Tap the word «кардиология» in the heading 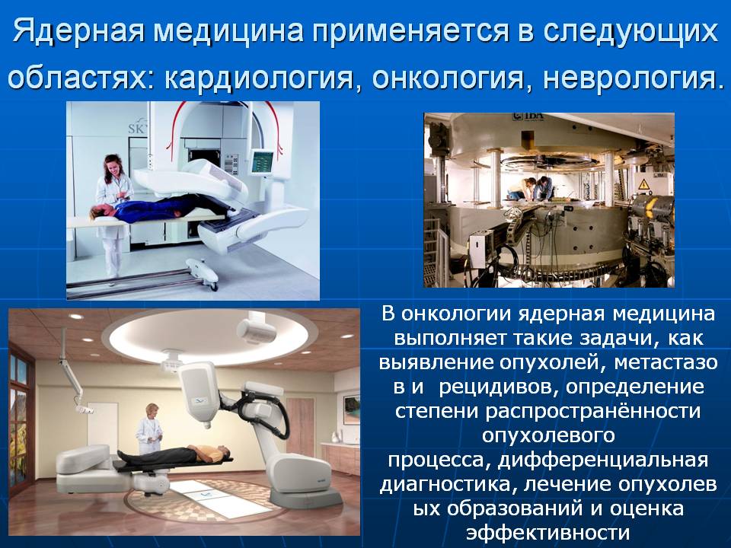click(x=259, y=77)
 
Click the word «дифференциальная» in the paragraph click(x=603, y=460)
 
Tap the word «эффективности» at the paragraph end click(x=548, y=532)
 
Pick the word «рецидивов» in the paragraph click(x=496, y=387)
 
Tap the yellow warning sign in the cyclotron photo click(x=644, y=183)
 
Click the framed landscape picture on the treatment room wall click(x=352, y=409)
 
